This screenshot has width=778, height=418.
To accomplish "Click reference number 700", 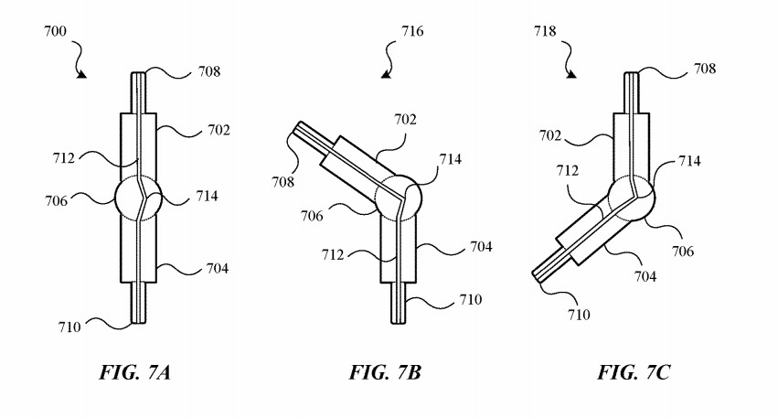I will pos(55,31).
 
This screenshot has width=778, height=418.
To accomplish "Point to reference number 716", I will pos(412,31).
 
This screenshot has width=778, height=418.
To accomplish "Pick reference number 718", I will pos(546,31).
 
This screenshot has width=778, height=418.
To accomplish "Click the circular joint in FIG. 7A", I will pos(138,196).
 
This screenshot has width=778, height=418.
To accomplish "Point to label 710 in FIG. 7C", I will pos(578,314).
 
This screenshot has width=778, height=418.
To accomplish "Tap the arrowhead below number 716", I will pos(388,74).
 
